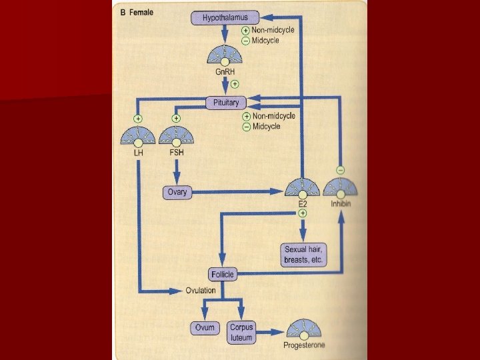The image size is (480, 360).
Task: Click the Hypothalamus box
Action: (x=225, y=18)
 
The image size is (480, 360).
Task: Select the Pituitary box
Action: (x=225, y=103)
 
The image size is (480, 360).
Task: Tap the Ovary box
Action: (x=177, y=193)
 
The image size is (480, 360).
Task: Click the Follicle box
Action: (x=222, y=274)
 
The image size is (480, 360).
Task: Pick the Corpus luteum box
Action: (x=241, y=331)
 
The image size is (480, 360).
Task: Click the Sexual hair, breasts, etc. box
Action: (x=303, y=255)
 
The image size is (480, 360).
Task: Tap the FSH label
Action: (x=176, y=153)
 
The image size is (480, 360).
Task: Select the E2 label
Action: (x=303, y=203)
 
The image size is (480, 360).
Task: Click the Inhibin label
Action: (x=341, y=203)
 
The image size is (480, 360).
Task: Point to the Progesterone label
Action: (x=305, y=345)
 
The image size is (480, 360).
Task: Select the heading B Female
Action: (x=137, y=11)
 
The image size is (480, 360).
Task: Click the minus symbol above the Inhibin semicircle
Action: (x=341, y=170)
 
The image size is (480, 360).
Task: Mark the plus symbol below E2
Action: (x=303, y=213)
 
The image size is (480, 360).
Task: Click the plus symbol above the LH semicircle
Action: (x=137, y=119)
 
